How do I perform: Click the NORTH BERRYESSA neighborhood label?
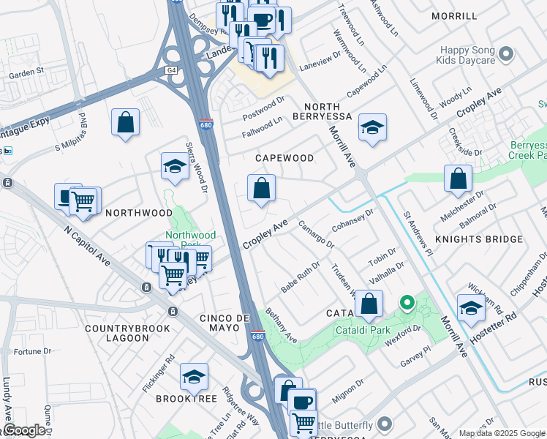tap(322, 111)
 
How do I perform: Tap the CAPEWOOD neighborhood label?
tap(284, 158)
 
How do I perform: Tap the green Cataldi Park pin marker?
tap(407, 301)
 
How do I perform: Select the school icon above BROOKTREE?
tap(194, 377)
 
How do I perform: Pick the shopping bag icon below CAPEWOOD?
tap(261, 189)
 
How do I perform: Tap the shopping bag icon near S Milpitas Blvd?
tap(126, 122)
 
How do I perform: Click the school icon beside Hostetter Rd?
tap(470, 308)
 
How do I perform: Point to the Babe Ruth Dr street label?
tap(301, 278)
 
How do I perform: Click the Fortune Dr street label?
tap(32, 351)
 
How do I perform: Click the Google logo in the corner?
tap(24, 430)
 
